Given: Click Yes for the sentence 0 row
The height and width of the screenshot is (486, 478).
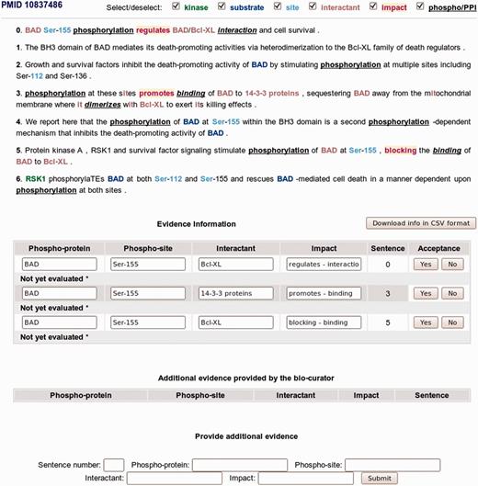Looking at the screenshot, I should tap(426, 264).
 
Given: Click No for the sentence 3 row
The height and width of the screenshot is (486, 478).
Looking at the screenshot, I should tap(450, 293).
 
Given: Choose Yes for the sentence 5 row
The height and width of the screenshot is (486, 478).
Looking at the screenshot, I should tap(426, 322).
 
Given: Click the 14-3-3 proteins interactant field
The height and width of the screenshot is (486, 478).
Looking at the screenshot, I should tap(235, 293).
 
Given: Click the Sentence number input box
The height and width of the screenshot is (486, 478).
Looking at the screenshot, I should tap(114, 465).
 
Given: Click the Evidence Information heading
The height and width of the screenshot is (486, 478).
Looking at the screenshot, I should tap(196, 224).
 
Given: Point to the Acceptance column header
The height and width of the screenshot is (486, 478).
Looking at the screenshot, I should tap(438, 248).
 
